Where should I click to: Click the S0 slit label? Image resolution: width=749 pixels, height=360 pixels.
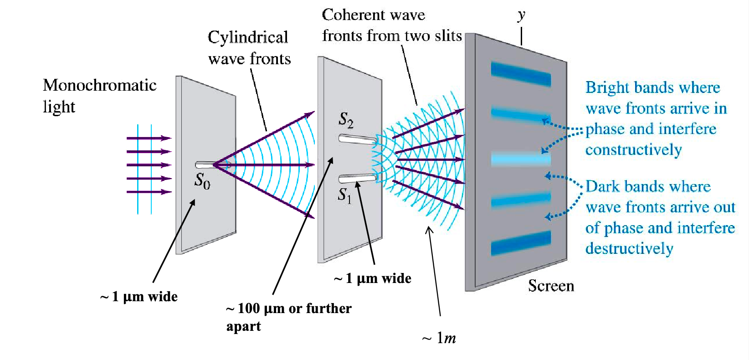click(x=202, y=181)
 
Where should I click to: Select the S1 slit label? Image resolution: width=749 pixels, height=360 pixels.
click(x=344, y=196)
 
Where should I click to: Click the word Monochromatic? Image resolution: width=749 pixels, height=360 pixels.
click(x=100, y=85)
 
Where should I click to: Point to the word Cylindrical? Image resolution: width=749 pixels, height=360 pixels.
click(x=248, y=37)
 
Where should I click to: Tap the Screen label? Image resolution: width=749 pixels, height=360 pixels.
click(x=551, y=286)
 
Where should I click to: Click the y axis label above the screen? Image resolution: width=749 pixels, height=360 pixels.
click(x=521, y=15)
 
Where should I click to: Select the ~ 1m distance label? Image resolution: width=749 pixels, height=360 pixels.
click(x=439, y=338)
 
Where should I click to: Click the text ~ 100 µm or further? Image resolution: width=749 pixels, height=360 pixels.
click(x=289, y=309)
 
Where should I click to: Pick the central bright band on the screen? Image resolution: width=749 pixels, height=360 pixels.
click(x=521, y=159)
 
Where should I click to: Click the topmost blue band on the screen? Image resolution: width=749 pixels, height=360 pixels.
click(x=521, y=74)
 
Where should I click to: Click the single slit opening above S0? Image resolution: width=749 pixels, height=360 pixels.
click(x=205, y=165)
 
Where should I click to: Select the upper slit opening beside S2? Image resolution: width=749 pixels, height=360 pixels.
click(x=358, y=139)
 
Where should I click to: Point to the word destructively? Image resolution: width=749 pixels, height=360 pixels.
click(x=629, y=249)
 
